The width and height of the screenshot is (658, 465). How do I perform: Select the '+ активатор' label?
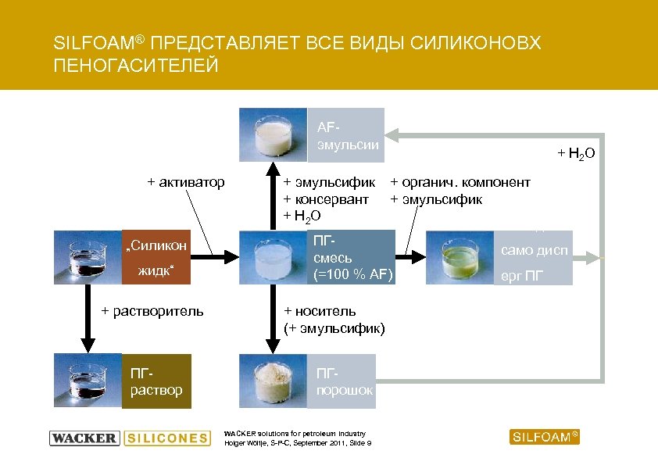186,182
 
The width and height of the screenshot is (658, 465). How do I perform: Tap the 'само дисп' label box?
534,252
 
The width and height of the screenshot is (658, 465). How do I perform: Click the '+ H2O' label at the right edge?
576,153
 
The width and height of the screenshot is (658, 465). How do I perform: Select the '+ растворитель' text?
152,311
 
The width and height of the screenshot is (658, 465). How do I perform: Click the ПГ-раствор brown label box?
156,381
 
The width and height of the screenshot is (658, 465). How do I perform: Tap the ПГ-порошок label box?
344,381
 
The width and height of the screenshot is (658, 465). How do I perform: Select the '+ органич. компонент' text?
460,182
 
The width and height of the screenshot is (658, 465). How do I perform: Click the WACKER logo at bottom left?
84,438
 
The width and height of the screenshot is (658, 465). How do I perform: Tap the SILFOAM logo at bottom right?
545,437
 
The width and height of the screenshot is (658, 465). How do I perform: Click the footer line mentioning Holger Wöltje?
298,443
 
